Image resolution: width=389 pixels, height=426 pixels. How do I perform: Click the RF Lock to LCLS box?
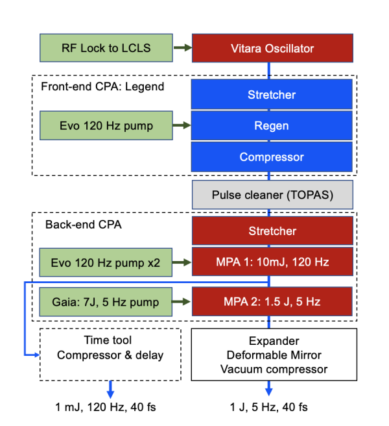tap(107, 48)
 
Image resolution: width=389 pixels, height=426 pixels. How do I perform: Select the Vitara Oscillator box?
tap(272, 48)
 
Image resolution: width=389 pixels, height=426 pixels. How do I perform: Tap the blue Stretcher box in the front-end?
tap(272, 95)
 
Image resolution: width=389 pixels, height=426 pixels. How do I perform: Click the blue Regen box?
tap(272, 126)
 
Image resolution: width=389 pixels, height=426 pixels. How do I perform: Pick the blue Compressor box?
tap(272, 157)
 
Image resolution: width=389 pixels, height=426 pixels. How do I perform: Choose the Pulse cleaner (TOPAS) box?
tap(272, 195)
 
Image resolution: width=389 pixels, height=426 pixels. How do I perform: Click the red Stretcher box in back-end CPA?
tap(272, 231)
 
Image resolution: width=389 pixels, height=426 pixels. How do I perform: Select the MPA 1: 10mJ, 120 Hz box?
tap(272, 262)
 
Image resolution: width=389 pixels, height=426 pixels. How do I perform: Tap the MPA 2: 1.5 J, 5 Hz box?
tap(272, 301)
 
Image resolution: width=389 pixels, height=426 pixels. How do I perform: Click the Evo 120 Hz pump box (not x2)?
tap(107, 126)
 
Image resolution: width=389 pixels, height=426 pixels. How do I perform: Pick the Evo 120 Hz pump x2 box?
tap(107, 262)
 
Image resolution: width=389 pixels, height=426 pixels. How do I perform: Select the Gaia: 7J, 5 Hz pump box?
tap(107, 301)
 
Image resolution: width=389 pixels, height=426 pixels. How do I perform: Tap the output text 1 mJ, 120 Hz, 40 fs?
tap(106, 407)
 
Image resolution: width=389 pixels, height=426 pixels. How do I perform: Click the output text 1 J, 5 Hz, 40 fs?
tap(269, 407)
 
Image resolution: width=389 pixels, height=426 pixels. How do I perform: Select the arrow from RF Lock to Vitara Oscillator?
tap(183, 48)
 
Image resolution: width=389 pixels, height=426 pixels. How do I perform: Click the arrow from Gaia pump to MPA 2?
tap(183, 301)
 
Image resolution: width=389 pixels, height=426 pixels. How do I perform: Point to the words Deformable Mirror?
tap(272, 355)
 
